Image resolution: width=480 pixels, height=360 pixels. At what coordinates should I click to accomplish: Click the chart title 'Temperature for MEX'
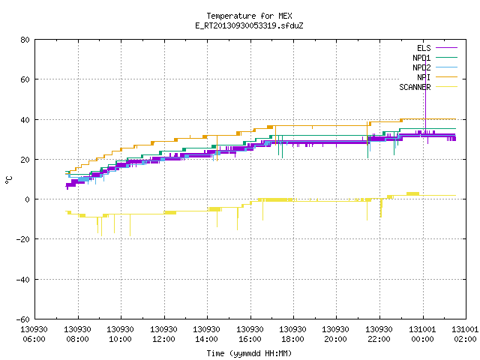point(249,16)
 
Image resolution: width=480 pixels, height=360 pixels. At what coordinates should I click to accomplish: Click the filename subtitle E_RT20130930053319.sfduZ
point(249,25)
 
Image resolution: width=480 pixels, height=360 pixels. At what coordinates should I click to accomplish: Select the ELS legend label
point(424,48)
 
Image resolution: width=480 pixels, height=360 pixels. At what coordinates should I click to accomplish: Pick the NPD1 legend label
point(421,58)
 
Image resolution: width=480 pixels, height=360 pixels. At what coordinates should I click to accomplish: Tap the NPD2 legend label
point(421,67)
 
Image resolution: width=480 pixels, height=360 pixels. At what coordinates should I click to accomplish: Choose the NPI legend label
point(424,77)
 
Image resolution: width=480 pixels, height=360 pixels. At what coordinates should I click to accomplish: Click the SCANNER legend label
point(415,87)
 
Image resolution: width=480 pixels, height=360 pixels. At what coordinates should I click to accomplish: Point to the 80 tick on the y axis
point(25,40)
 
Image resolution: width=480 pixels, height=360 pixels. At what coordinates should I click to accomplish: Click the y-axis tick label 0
point(28,199)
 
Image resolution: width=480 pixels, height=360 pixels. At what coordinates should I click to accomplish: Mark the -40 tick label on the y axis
point(23,280)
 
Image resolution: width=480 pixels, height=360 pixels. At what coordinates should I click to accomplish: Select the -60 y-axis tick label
point(23,319)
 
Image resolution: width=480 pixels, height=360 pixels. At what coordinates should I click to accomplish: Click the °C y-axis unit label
point(8,180)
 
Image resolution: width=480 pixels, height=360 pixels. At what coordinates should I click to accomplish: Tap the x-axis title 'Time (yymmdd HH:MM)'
point(249,353)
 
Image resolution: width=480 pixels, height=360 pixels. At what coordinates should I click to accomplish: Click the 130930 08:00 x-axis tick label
point(77,334)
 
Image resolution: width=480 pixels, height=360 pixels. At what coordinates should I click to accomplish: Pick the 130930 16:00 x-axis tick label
point(250,334)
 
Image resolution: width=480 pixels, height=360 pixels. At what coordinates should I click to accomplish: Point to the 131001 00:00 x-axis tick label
point(422,334)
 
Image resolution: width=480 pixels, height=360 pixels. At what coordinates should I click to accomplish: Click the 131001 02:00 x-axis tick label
point(465,334)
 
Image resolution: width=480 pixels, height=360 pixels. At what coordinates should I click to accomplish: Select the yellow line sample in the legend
point(447,87)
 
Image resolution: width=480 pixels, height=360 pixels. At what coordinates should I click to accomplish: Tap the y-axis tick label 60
point(25,79)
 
